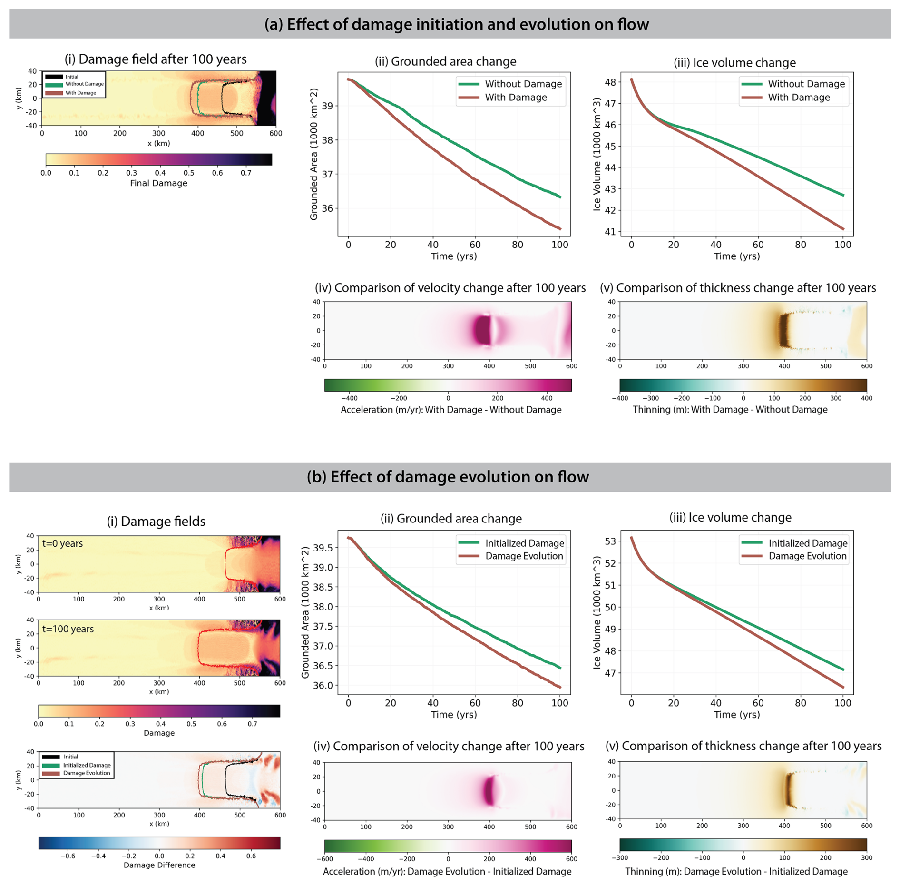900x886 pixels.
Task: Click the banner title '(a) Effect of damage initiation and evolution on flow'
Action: [456, 24]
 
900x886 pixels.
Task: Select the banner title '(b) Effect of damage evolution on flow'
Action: [448, 477]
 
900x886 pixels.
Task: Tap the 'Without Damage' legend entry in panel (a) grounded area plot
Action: [523, 84]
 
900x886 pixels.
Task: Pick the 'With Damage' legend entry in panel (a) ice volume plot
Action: [799, 98]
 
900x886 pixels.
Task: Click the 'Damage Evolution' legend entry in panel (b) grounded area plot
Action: [524, 556]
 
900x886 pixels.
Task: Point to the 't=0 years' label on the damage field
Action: [62, 543]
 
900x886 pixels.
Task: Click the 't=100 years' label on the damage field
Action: [68, 629]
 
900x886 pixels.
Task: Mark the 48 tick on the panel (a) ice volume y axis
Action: [610, 82]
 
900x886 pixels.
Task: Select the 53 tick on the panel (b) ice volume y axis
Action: [610, 541]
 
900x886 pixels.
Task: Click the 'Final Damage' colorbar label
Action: [158, 184]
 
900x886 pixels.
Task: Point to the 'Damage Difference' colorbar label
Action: [159, 865]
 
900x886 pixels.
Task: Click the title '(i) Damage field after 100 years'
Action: [156, 59]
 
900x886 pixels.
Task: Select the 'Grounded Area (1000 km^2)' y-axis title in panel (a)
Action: [314, 154]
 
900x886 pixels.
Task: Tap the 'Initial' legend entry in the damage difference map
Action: [71, 757]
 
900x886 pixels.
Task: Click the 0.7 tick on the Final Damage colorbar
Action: [246, 173]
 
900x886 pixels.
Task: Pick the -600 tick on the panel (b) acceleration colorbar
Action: [325, 859]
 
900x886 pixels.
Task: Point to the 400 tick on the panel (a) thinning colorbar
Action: [866, 398]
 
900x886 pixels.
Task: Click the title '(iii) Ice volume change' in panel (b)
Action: [730, 518]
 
